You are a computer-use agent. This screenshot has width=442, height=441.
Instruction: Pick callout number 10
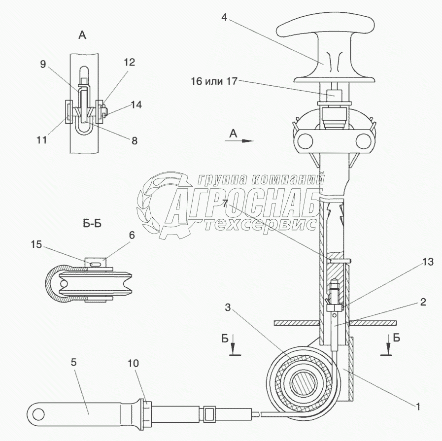point(133,363)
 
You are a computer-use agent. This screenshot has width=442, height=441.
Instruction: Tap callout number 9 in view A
point(43,64)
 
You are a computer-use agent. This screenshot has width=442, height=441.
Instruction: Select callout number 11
point(41,139)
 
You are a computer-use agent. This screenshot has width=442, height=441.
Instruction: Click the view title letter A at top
point(82,34)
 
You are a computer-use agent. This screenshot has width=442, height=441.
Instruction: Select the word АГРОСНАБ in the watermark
point(246,203)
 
